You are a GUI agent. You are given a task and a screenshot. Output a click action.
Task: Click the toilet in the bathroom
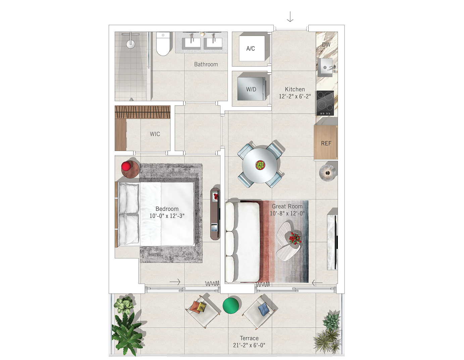(163, 44)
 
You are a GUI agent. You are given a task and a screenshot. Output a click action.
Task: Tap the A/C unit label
(251, 49)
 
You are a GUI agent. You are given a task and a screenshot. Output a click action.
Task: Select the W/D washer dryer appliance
(252, 89)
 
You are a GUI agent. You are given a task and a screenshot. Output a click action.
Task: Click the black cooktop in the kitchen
(325, 103)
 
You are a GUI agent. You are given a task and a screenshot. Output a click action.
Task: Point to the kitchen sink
(325, 67)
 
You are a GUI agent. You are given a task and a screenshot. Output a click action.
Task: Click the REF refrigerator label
(326, 143)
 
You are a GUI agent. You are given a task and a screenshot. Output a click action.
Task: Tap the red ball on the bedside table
(126, 166)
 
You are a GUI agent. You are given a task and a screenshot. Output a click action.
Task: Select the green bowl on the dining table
(260, 165)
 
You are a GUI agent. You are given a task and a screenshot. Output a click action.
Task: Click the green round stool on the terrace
(230, 306)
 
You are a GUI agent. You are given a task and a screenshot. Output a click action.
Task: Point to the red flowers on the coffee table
(295, 238)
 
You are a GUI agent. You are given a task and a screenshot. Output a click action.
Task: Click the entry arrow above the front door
(290, 17)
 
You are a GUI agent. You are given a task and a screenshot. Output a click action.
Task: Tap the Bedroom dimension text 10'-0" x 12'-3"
(167, 216)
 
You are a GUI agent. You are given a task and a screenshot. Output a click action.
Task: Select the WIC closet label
(155, 134)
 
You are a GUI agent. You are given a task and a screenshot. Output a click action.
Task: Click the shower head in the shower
(131, 44)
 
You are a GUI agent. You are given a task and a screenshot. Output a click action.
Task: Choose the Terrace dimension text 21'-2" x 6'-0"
(249, 345)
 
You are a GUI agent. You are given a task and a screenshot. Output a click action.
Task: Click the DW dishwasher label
(326, 45)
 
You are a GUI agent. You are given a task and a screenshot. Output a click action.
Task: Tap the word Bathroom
(206, 64)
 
